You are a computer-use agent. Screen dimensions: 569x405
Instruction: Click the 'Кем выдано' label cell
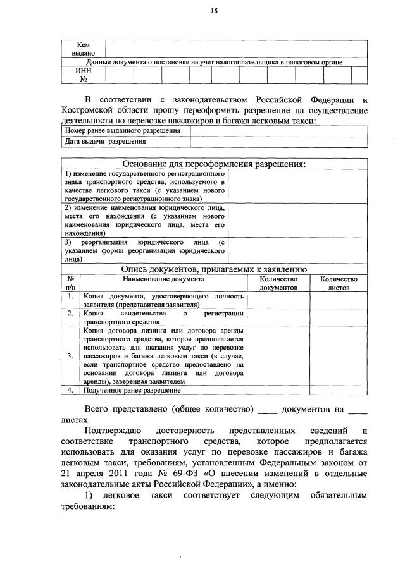pos(83,49)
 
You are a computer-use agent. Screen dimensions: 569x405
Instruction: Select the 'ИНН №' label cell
pos(83,75)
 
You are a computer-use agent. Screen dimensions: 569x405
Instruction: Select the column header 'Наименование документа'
pos(163,279)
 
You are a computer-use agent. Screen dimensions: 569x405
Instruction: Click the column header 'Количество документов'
pos(278,283)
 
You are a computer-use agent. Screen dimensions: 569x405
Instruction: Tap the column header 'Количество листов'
pos(339,283)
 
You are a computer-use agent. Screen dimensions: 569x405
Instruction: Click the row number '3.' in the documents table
pos(72,356)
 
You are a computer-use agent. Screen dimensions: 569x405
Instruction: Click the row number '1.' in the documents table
pos(72,296)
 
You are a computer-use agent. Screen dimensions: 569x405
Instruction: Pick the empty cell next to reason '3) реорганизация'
pos(297,250)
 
